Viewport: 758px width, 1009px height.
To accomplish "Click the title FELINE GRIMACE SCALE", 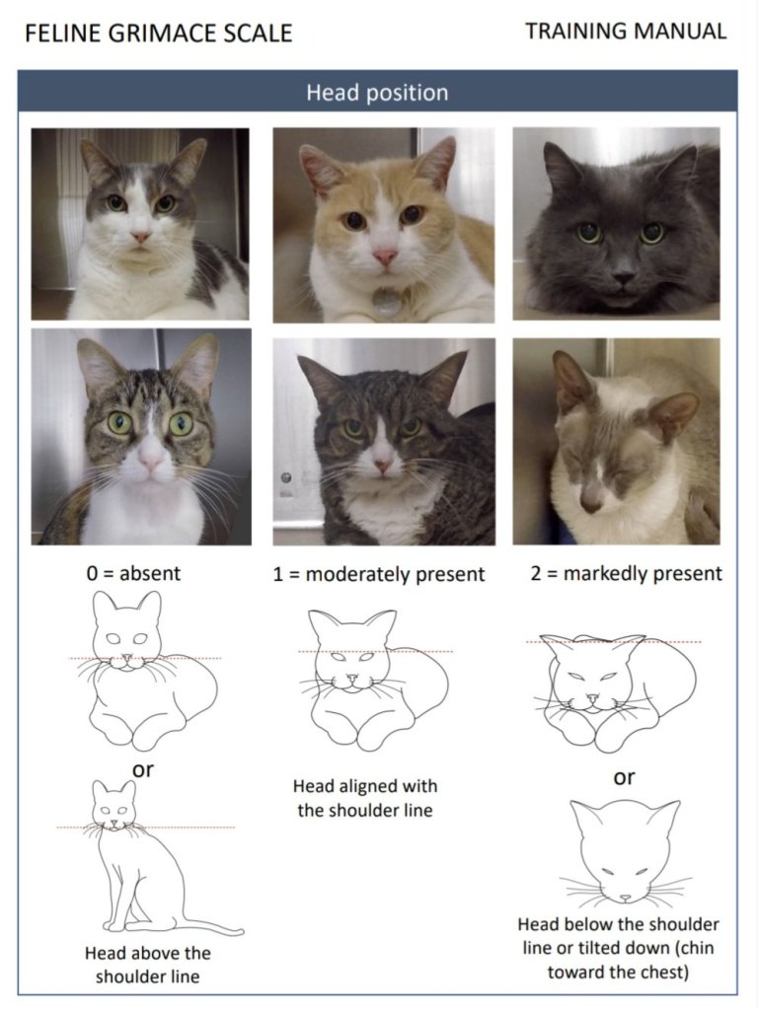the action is point(159,33).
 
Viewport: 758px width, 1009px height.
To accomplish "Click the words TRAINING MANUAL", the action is point(626,31).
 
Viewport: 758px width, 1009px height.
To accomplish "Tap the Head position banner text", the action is point(377,93).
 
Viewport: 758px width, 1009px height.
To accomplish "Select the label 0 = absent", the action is point(134,573).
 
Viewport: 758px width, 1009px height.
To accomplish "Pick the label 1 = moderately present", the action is point(379,574).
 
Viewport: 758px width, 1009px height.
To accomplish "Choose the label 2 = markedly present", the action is point(626,573).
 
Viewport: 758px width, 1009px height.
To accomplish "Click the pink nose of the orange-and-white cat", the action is point(385,257).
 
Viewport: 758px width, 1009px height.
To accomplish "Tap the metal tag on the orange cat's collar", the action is point(387,300).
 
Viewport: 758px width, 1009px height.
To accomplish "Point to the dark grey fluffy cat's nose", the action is point(623,278).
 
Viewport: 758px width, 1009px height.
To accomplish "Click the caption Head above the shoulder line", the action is point(147,965).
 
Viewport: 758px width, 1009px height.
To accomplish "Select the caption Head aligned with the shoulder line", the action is point(364,798).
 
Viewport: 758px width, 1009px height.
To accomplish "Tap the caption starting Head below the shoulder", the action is point(618,948).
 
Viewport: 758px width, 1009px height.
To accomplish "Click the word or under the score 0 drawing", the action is point(143,769).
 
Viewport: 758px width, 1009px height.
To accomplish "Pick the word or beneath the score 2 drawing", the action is point(624,777).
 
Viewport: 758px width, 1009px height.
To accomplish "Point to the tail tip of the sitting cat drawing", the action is point(240,930).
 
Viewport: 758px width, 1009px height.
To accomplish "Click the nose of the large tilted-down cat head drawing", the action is point(626,898).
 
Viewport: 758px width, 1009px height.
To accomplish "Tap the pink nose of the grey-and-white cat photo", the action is point(141,238).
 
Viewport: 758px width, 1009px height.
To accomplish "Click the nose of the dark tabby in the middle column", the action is point(383,466).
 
